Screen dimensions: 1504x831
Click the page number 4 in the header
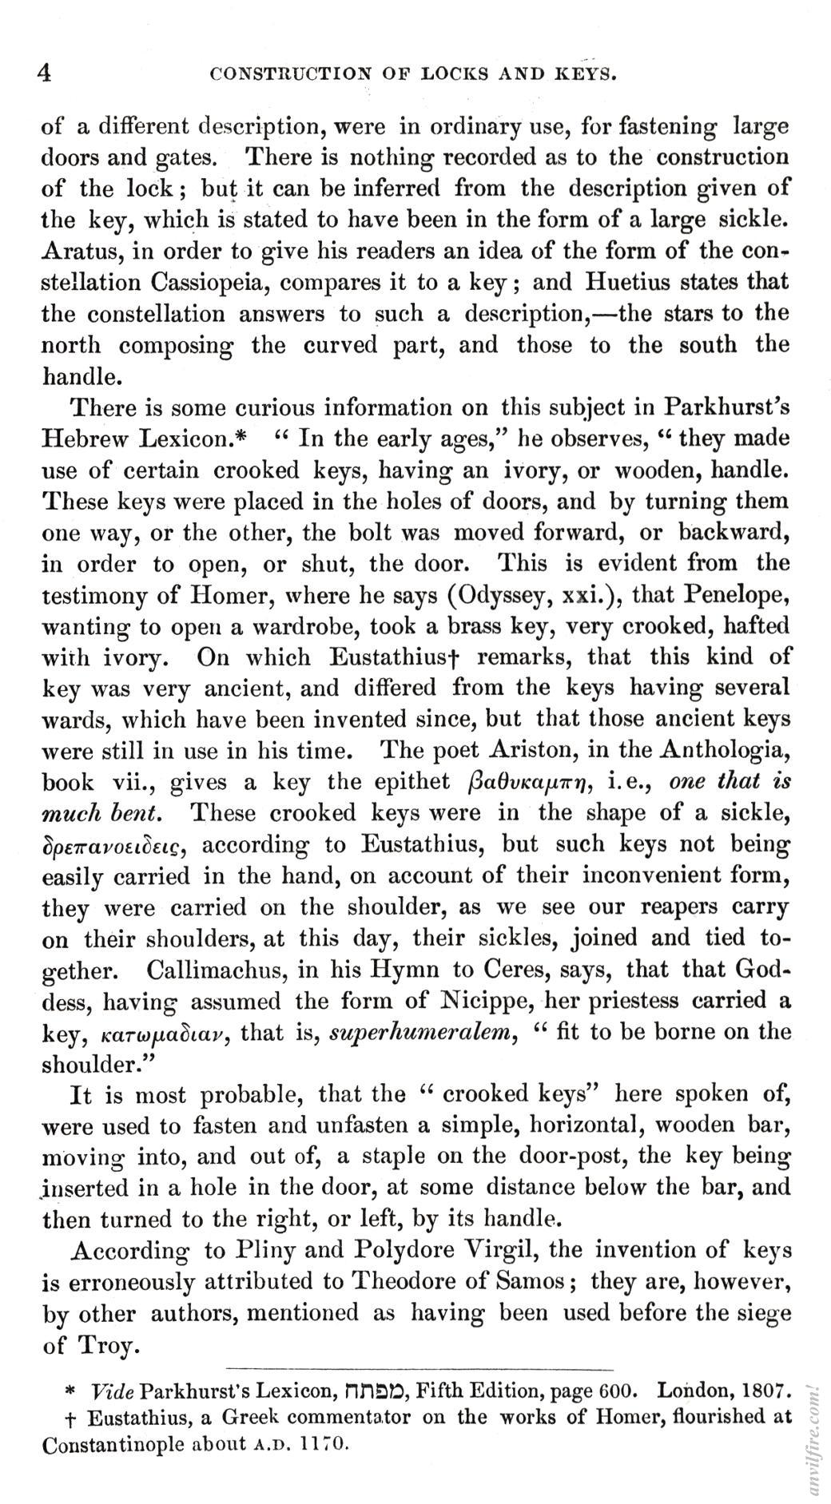coord(46,73)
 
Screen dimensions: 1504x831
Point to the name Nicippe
coord(480,1001)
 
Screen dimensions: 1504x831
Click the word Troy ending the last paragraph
coord(108,1345)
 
